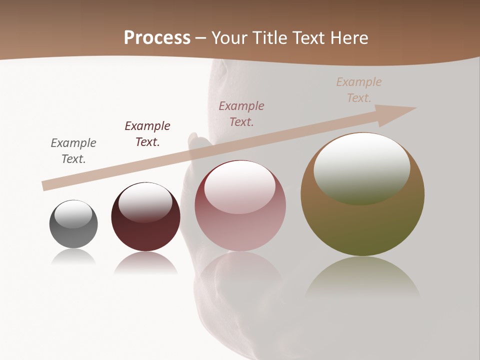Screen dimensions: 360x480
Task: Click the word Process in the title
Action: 157,37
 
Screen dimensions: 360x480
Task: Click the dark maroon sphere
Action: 145,220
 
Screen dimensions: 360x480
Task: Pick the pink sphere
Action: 240,210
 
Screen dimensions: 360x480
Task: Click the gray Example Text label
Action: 73,150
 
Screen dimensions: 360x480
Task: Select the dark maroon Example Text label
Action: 147,133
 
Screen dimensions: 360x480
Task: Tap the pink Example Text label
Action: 241,113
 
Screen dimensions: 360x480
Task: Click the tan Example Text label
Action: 359,89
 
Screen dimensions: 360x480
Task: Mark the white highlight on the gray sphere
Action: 73,214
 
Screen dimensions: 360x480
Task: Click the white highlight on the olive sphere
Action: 361,168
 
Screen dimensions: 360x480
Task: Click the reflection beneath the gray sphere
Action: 73,257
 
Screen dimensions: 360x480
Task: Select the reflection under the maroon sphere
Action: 145,263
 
